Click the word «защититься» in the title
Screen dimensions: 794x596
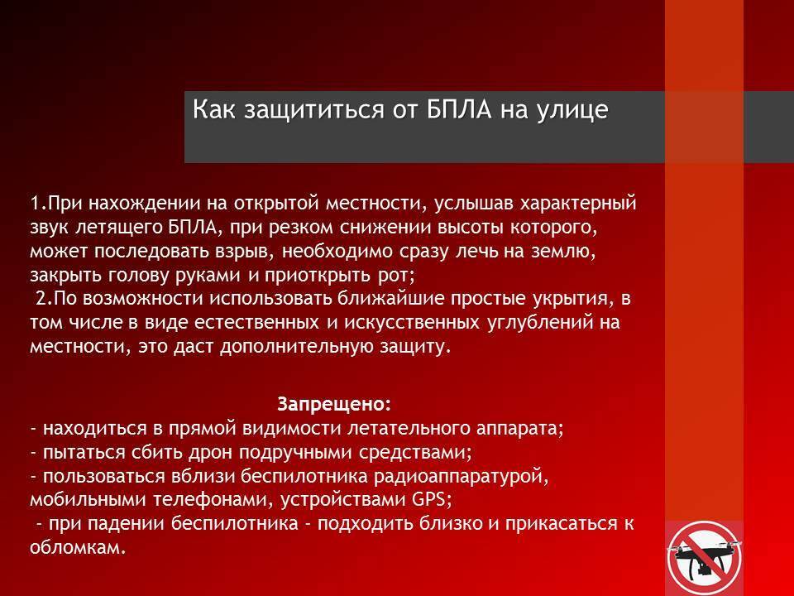point(313,110)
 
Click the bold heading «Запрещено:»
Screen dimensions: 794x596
point(335,404)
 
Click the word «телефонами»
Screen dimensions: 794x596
point(209,500)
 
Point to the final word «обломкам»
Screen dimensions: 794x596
point(75,547)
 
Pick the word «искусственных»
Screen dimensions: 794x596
point(412,323)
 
